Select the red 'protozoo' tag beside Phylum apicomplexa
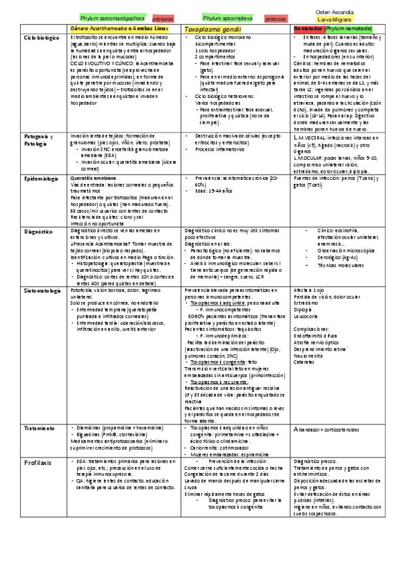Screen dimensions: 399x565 pyautogui.click(x=275, y=20)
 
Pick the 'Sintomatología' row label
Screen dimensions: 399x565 pyautogui.click(x=43, y=290)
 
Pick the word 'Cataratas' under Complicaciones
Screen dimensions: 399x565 pyautogui.click(x=305, y=362)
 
